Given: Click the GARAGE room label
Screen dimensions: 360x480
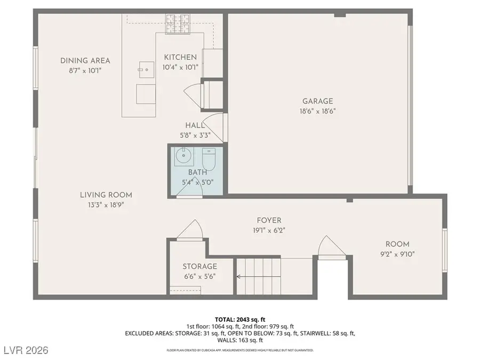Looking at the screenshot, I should coord(317,101).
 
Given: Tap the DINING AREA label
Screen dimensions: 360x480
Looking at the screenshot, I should coord(85,61).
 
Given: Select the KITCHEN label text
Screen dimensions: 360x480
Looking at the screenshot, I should coord(180,57).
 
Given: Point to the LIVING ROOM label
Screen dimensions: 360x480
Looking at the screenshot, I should coord(106,195).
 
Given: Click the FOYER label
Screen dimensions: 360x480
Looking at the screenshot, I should coord(269,220).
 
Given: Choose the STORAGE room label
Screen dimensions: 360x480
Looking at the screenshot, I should coord(199,266).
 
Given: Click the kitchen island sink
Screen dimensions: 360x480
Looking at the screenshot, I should coord(144,68).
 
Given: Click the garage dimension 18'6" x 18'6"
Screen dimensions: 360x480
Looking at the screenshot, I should coord(317,111).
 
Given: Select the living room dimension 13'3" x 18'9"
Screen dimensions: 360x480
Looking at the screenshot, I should coord(106,204).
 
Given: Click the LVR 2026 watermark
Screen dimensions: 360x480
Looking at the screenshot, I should coord(25,350).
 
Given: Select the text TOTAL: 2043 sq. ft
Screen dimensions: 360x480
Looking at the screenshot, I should coord(240,318).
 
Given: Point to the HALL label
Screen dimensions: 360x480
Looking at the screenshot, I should coord(195,125).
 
